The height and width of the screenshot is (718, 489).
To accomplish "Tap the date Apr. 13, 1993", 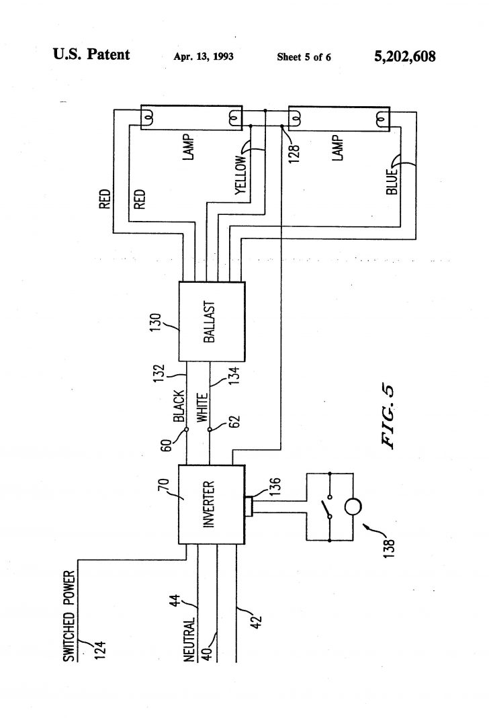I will click(204, 56).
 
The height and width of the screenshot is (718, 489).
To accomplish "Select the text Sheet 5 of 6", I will click(304, 56).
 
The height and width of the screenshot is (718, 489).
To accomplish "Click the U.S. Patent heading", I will click(91, 55).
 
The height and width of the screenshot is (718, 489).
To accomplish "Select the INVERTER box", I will click(210, 504).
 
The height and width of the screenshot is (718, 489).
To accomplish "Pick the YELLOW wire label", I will click(240, 173).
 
